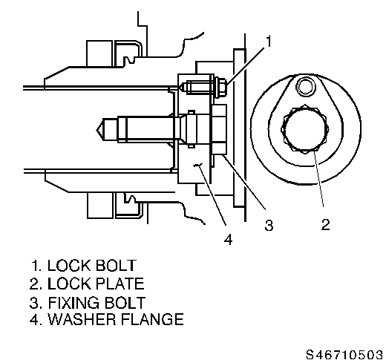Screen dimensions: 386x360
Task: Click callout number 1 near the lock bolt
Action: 269,41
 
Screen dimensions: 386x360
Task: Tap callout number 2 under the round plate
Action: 326,224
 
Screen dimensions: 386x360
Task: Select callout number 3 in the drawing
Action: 269,225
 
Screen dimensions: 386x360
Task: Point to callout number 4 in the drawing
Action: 229,239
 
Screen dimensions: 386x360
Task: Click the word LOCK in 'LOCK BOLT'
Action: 69,266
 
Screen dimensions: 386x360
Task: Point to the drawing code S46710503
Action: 344,354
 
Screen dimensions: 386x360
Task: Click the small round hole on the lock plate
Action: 306,87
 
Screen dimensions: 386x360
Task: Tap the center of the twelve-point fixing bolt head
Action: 305,129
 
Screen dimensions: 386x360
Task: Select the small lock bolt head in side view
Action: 220,88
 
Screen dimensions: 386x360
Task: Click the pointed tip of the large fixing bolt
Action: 96,129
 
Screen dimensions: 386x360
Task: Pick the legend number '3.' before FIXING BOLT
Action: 36,302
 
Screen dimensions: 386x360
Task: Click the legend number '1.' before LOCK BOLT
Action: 36,266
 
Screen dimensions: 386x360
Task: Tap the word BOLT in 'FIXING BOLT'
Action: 125,302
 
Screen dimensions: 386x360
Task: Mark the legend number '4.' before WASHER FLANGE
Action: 36,319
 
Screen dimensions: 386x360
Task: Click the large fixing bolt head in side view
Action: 219,129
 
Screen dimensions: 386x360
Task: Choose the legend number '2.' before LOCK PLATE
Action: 36,284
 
